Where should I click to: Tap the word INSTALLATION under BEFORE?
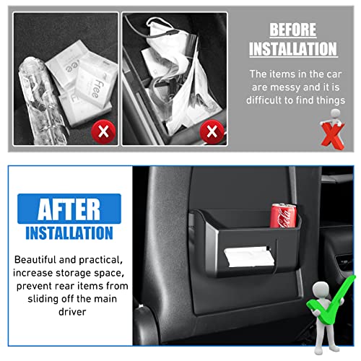[x=293, y=48]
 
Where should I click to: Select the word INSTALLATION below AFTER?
[x=69, y=233]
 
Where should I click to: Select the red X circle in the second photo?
[x=212, y=131]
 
